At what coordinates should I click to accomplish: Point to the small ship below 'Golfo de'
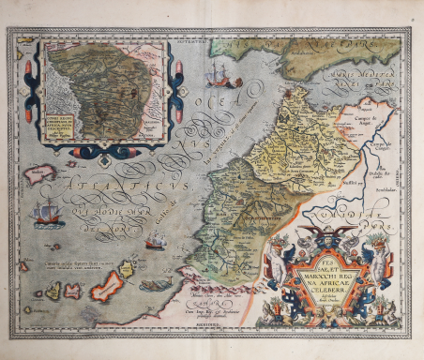(x=155, y=242)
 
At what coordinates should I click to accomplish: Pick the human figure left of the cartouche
(x=278, y=272)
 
